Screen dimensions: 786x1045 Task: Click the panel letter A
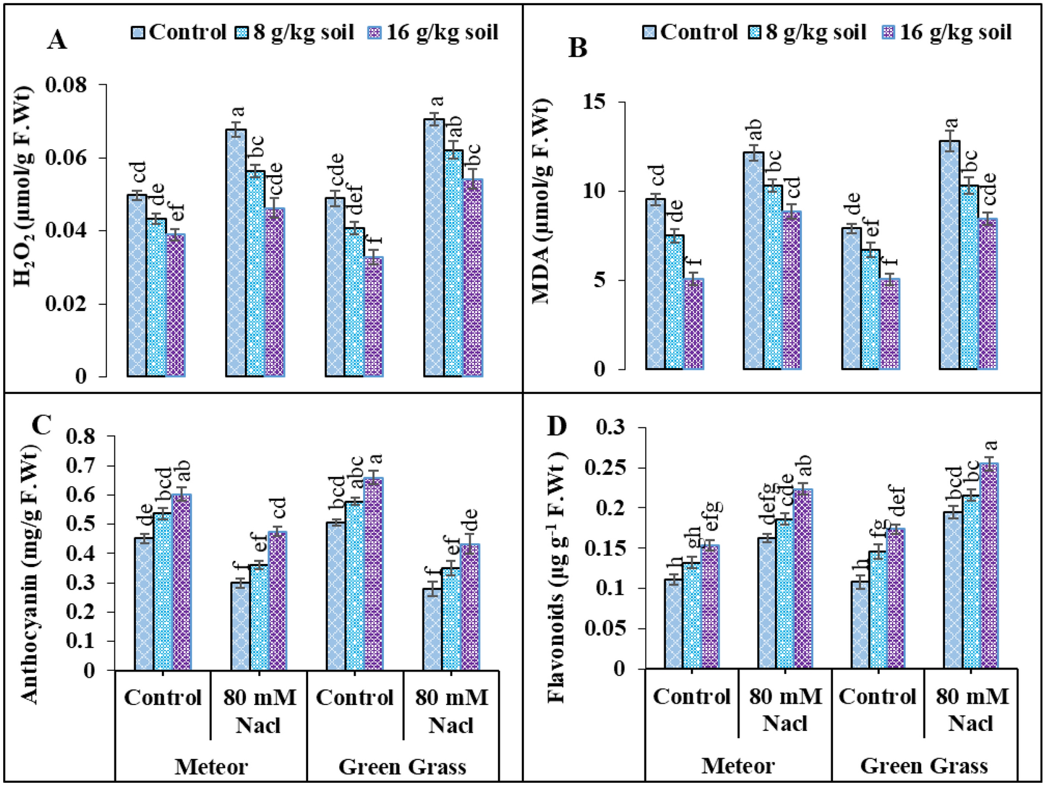[56, 40]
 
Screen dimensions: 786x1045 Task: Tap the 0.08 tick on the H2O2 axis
[66, 85]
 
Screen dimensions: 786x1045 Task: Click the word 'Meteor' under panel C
[211, 767]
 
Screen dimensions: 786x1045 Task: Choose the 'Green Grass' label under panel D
[924, 766]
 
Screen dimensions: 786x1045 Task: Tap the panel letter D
[557, 427]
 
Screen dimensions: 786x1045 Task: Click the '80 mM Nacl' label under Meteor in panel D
[785, 709]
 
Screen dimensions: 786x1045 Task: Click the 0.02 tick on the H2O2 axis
[66, 304]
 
